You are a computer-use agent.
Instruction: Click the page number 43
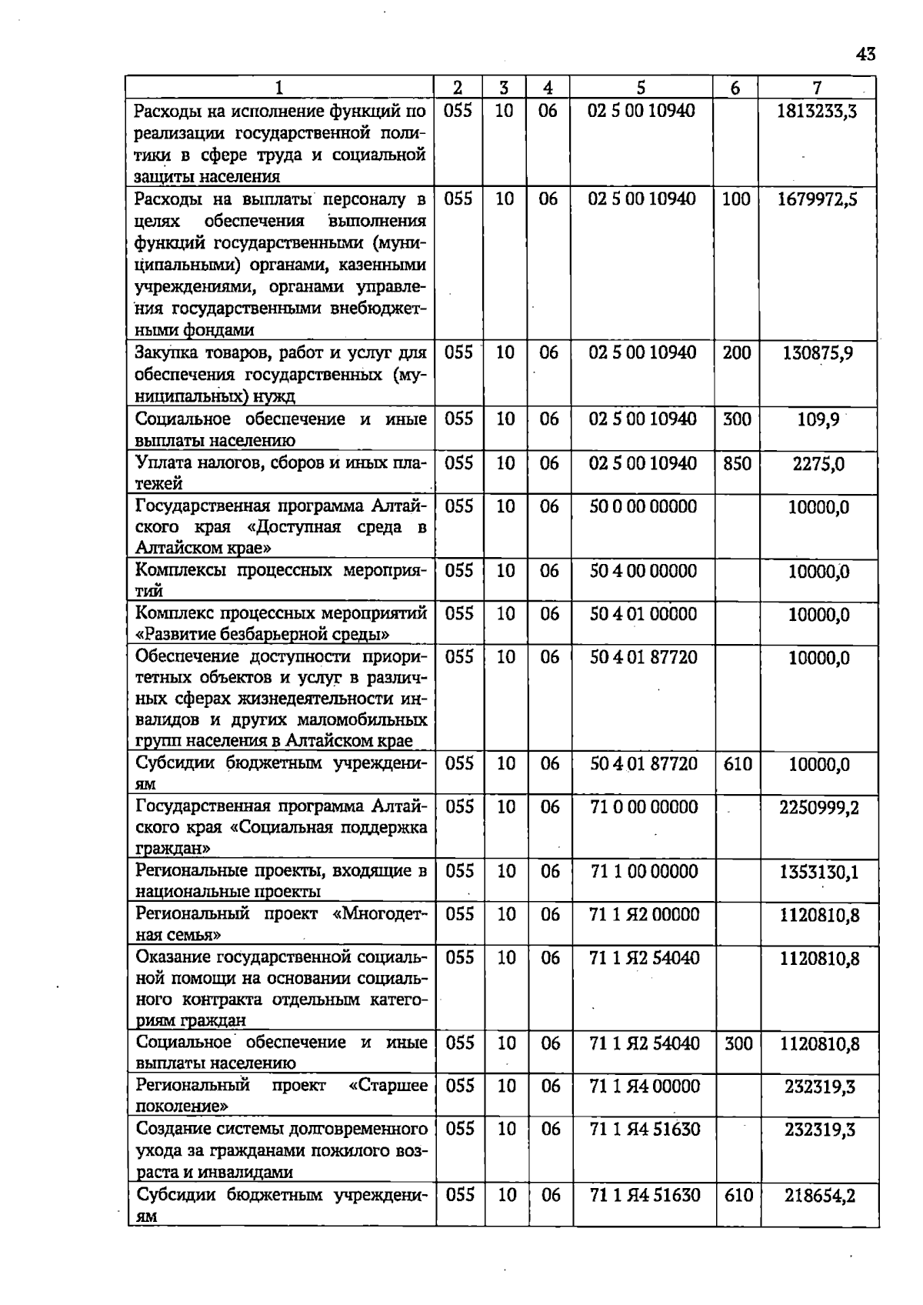click(865, 55)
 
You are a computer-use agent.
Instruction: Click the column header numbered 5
click(641, 88)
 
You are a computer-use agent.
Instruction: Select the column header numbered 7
click(817, 88)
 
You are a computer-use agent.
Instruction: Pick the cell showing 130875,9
click(817, 354)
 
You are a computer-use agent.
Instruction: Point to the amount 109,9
click(817, 421)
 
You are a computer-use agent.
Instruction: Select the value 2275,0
click(818, 464)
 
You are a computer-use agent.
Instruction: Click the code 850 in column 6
click(737, 464)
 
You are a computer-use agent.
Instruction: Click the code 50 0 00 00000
click(642, 507)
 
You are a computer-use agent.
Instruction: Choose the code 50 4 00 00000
click(642, 572)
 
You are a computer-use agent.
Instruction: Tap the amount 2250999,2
click(818, 808)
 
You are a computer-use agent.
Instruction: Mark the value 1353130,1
click(818, 873)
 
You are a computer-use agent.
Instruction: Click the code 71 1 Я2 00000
click(644, 915)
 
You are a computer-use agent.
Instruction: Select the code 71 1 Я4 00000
click(644, 1086)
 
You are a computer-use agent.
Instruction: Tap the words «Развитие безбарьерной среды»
click(262, 635)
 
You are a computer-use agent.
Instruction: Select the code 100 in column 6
click(736, 199)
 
